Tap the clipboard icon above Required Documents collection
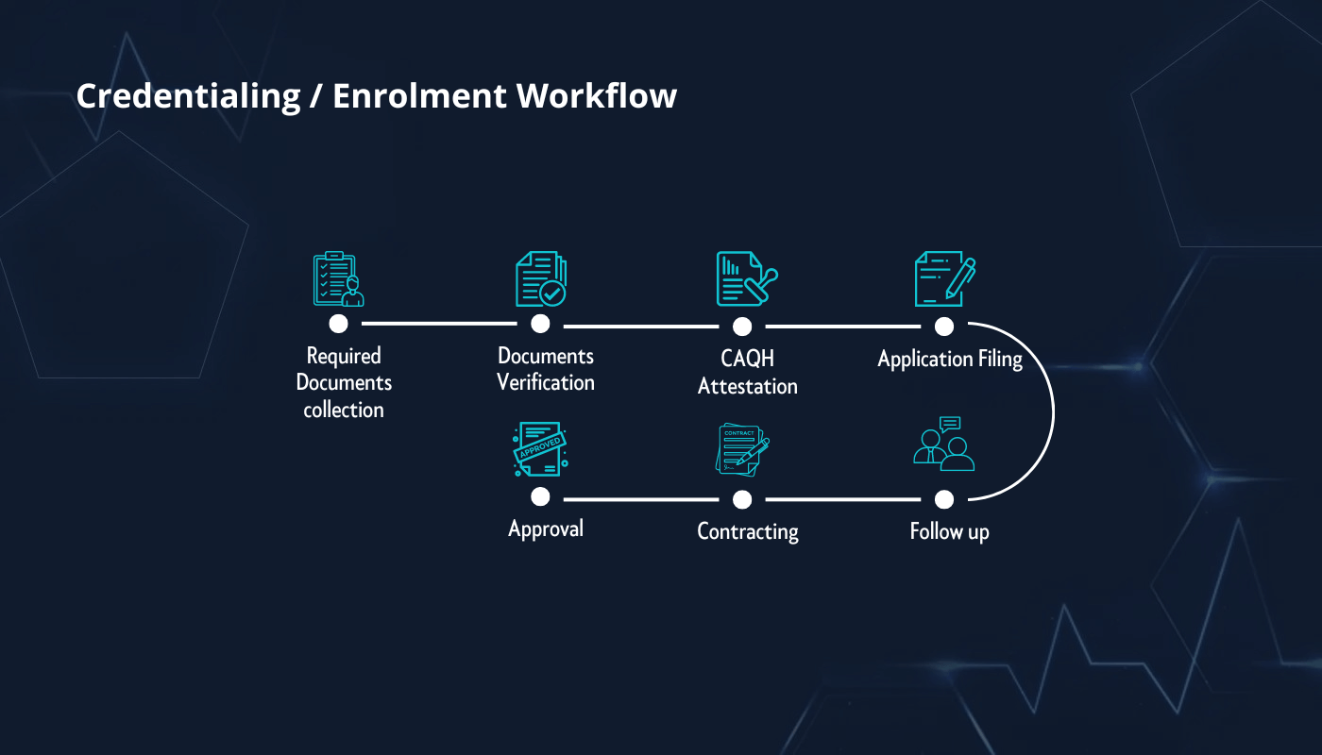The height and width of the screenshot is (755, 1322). tap(338, 279)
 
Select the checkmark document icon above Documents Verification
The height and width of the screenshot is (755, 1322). tap(541, 279)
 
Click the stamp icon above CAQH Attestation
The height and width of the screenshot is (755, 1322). tap(745, 279)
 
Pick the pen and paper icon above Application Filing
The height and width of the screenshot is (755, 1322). tap(944, 279)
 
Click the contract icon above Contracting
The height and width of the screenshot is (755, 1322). tap(743, 449)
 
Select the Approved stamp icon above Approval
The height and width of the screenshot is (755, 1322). tap(539, 449)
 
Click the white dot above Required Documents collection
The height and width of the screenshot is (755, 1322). tap(339, 324)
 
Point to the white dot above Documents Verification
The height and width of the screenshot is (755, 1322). tap(540, 324)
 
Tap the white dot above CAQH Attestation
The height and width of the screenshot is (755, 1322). tap(742, 327)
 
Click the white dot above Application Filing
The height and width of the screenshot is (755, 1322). tap(944, 327)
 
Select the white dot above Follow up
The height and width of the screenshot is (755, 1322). tap(944, 499)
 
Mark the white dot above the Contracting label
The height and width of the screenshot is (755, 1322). tap(742, 499)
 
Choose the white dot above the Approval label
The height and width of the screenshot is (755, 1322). tap(540, 496)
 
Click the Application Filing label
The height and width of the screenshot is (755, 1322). tap(949, 360)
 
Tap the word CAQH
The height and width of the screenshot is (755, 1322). tap(747, 360)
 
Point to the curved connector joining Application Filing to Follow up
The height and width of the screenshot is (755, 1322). tap(1052, 412)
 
